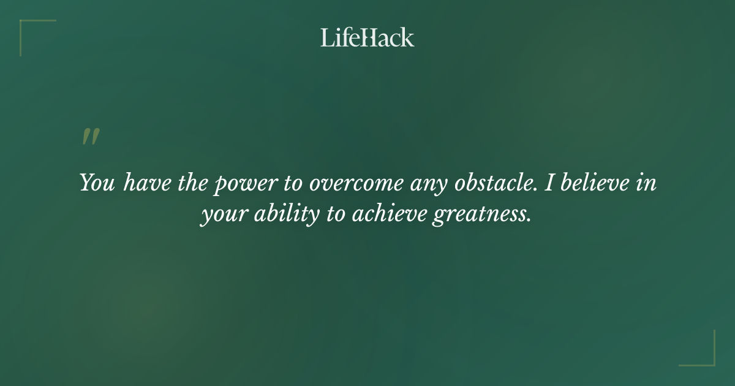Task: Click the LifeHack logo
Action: tap(367, 38)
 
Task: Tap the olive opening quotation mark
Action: tap(90, 137)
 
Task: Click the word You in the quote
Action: tap(97, 183)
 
